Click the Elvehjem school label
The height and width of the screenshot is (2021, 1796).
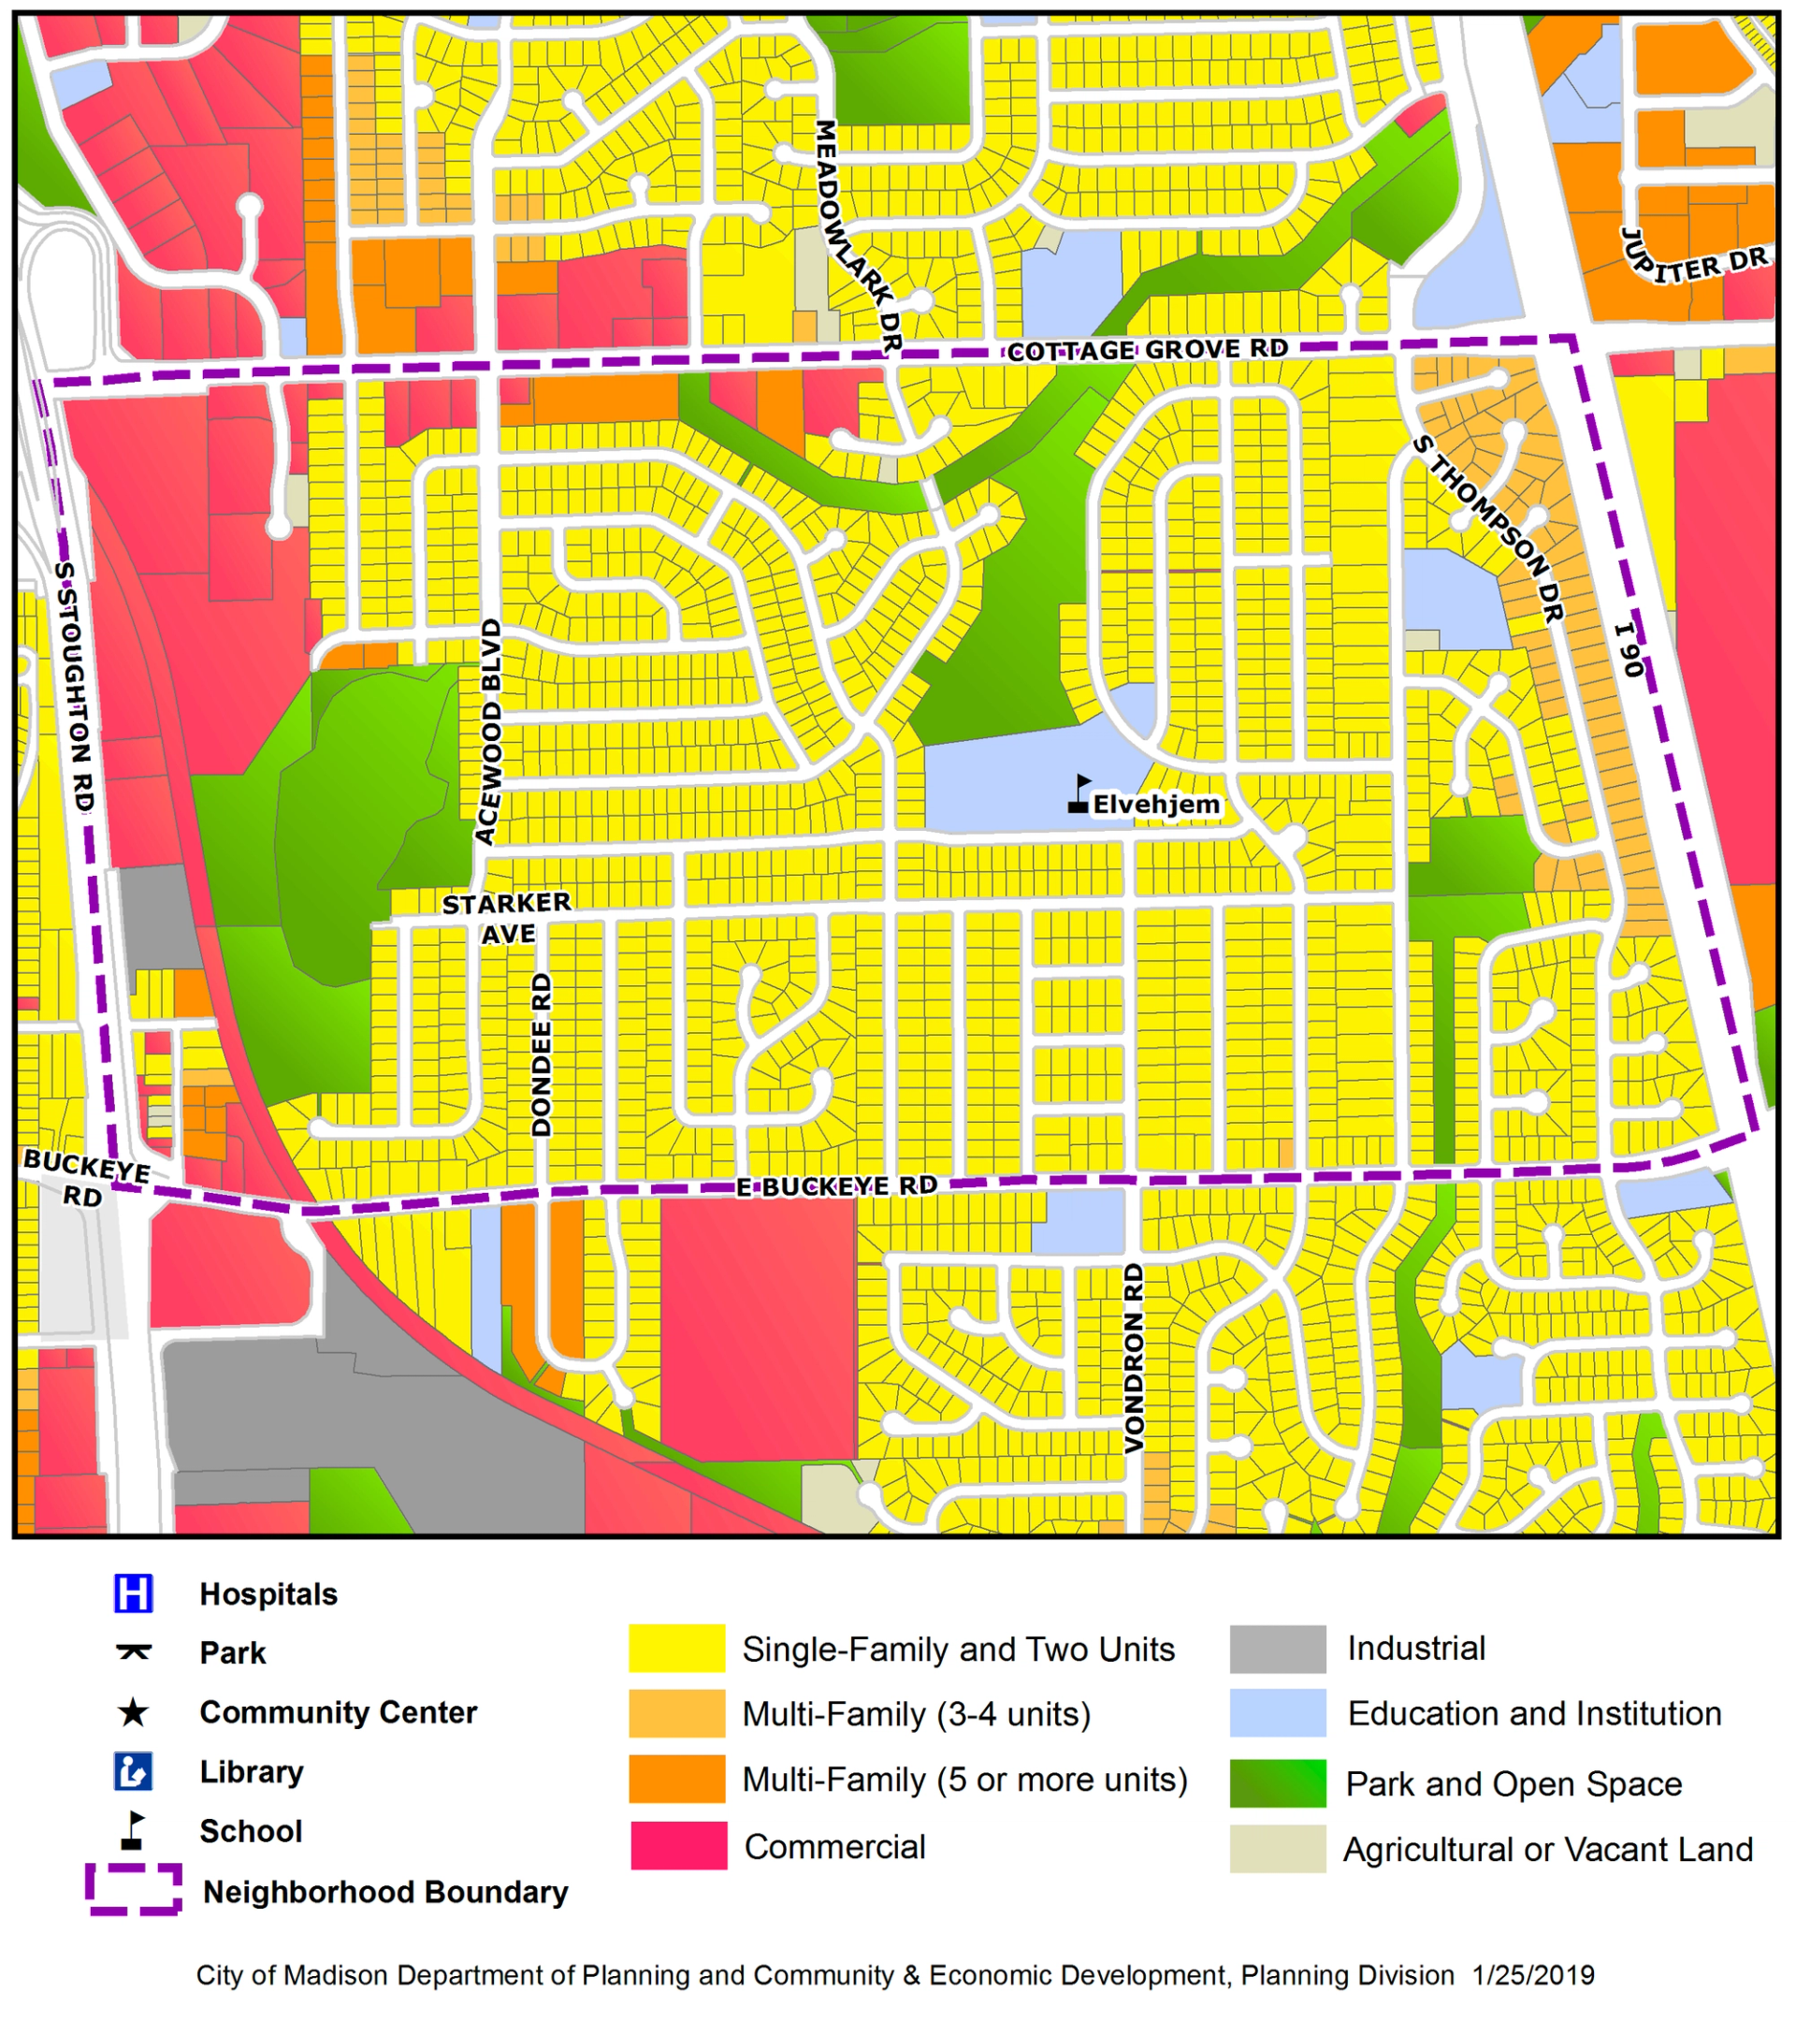1155,805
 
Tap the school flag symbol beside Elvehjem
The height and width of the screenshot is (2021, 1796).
1079,795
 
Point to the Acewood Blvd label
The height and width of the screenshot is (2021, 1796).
488,732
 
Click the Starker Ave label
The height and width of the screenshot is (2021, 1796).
506,918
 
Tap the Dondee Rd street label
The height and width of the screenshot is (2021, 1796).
541,1055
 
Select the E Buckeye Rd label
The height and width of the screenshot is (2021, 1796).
836,1186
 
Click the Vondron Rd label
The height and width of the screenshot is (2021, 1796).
1133,1358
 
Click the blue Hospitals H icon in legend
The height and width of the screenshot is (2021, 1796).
133,1593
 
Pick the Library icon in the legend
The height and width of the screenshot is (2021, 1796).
133,1772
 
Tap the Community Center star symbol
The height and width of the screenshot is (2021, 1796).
133,1712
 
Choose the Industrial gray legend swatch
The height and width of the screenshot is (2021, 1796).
1277,1650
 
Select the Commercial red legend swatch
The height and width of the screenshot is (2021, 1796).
678,1846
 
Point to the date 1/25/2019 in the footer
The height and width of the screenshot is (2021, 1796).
1533,1975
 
